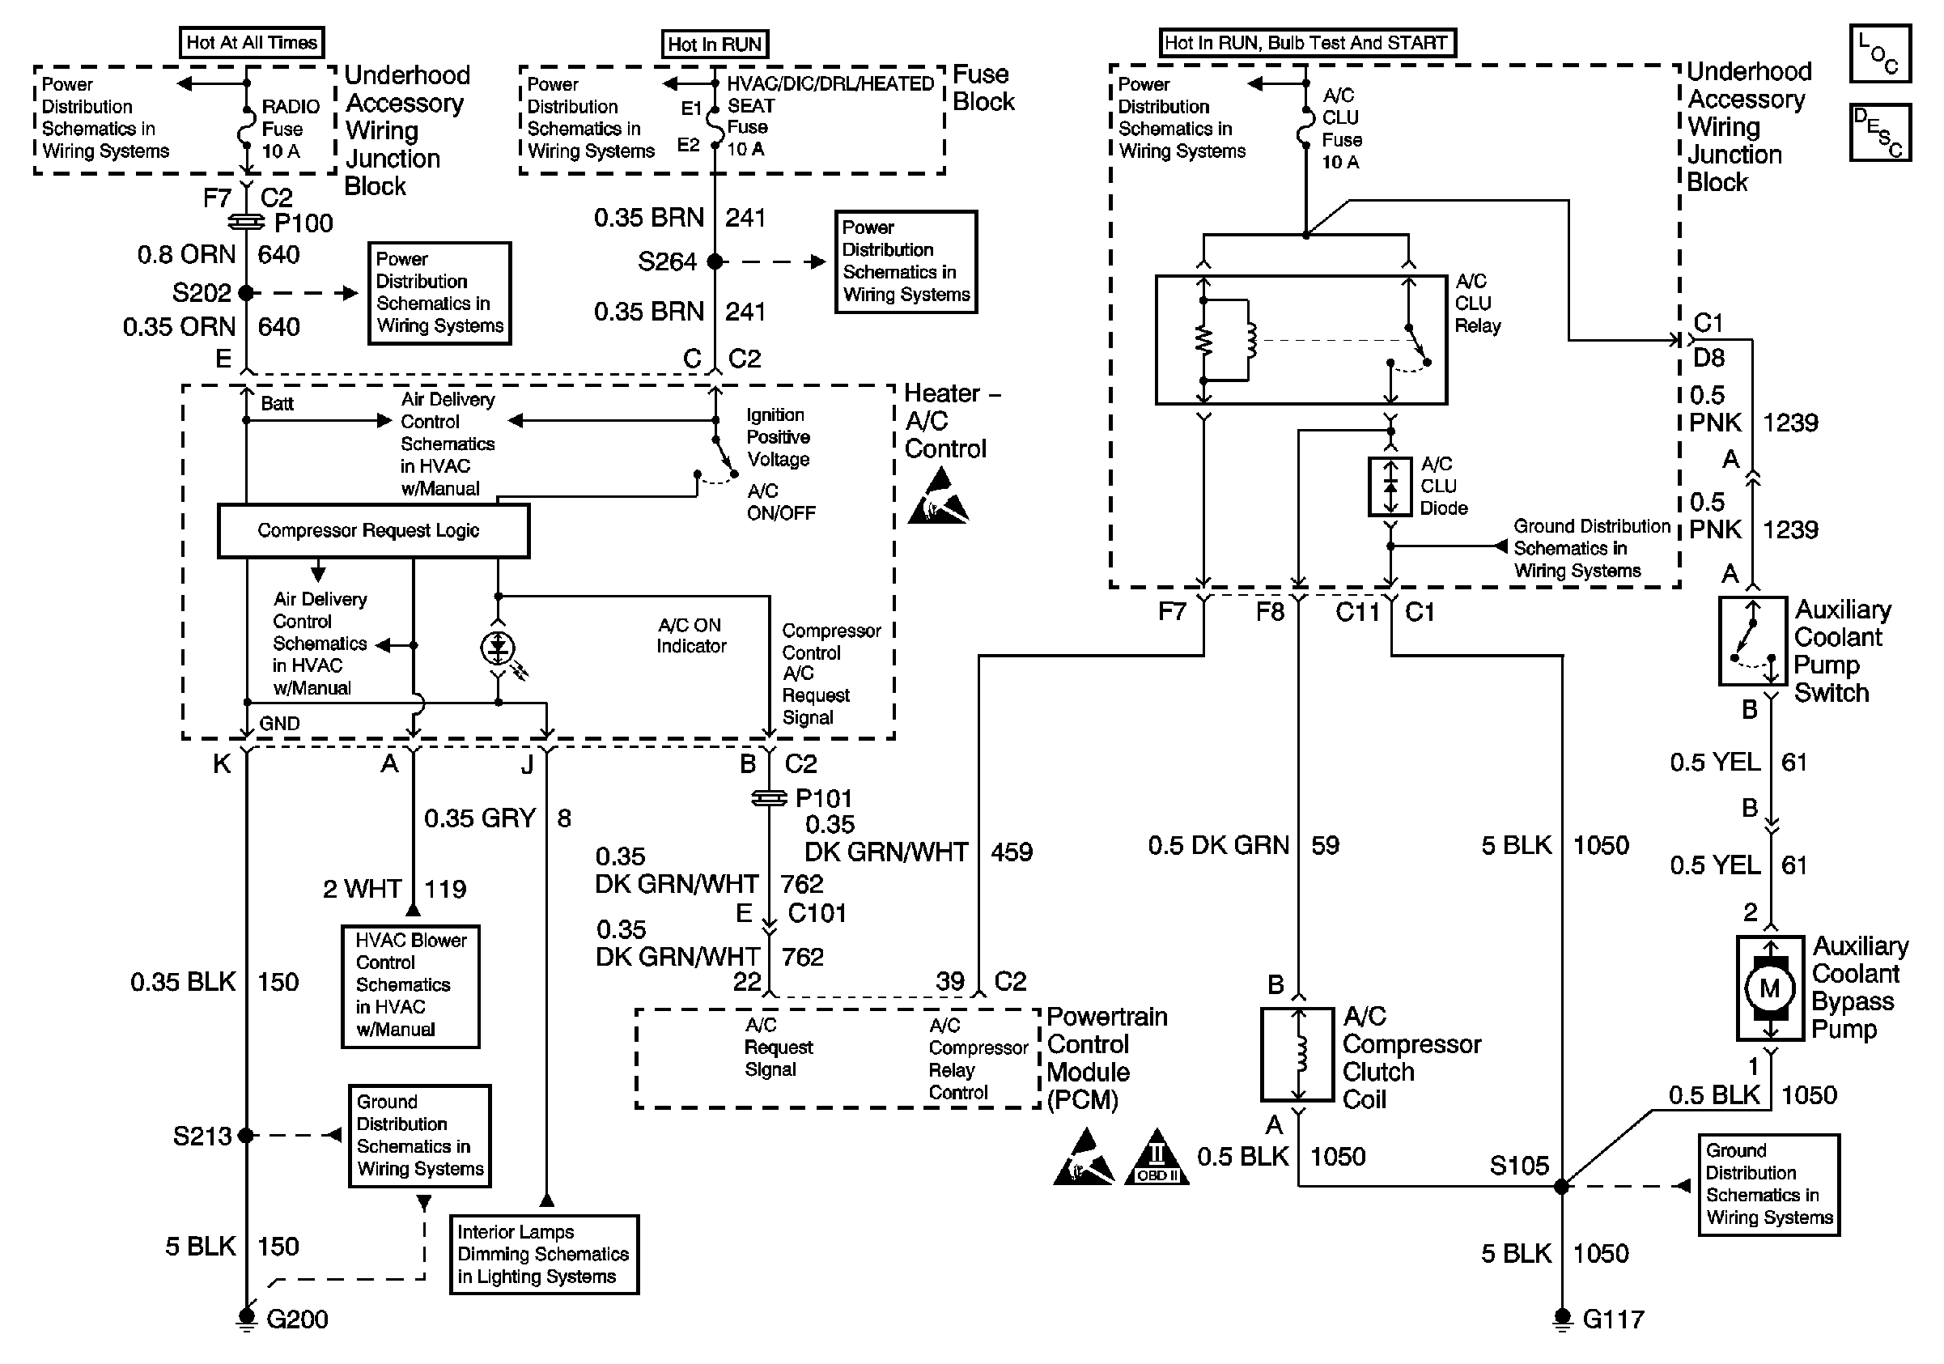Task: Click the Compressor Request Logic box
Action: pyautogui.click(x=373, y=531)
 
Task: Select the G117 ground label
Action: pyautogui.click(x=1613, y=1319)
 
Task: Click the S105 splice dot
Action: pyautogui.click(x=1561, y=1186)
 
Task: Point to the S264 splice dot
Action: pyautogui.click(x=715, y=261)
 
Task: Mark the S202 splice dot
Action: pyautogui.click(x=246, y=293)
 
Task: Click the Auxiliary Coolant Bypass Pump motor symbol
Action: pyautogui.click(x=1769, y=988)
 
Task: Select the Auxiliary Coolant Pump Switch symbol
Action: pyautogui.click(x=1753, y=641)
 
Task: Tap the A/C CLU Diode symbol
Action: pyautogui.click(x=1390, y=486)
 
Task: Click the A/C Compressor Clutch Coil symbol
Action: pyautogui.click(x=1297, y=1054)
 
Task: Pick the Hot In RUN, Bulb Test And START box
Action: pyautogui.click(x=1306, y=43)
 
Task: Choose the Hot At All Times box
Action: pyautogui.click(x=252, y=42)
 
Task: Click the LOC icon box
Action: pyautogui.click(x=1879, y=54)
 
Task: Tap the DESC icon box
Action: pyautogui.click(x=1879, y=133)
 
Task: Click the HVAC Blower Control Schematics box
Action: pyautogui.click(x=410, y=985)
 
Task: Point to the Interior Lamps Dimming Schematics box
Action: pyautogui.click(x=544, y=1254)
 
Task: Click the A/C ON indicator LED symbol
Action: pyautogui.click(x=498, y=648)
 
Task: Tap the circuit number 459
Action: pyautogui.click(x=1011, y=852)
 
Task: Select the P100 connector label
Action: pyautogui.click(x=304, y=223)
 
